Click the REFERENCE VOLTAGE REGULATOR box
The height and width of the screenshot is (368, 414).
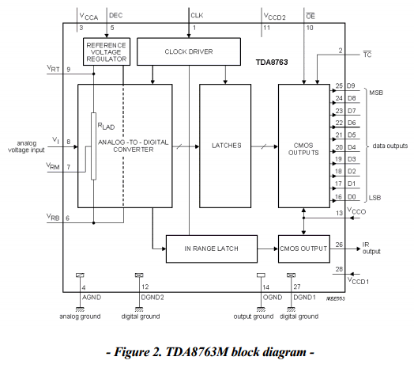(107, 51)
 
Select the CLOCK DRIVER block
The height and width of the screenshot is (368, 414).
(189, 51)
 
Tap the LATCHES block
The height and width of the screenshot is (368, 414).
(225, 146)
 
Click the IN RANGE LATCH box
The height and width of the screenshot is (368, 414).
(212, 248)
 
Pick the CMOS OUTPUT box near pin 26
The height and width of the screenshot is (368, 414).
(304, 248)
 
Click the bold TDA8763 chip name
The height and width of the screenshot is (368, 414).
(272, 63)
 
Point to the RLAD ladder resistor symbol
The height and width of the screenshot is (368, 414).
(93, 146)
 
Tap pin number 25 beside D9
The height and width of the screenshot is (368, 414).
(339, 85)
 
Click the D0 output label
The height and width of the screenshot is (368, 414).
(352, 197)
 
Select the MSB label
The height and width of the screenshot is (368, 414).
(376, 93)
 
